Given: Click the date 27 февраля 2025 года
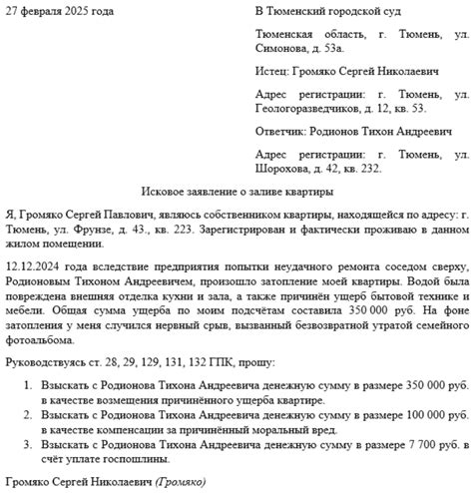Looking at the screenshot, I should point(60,11).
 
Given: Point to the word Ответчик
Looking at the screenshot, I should point(282,132).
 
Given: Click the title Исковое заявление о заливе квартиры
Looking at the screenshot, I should point(236,191).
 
